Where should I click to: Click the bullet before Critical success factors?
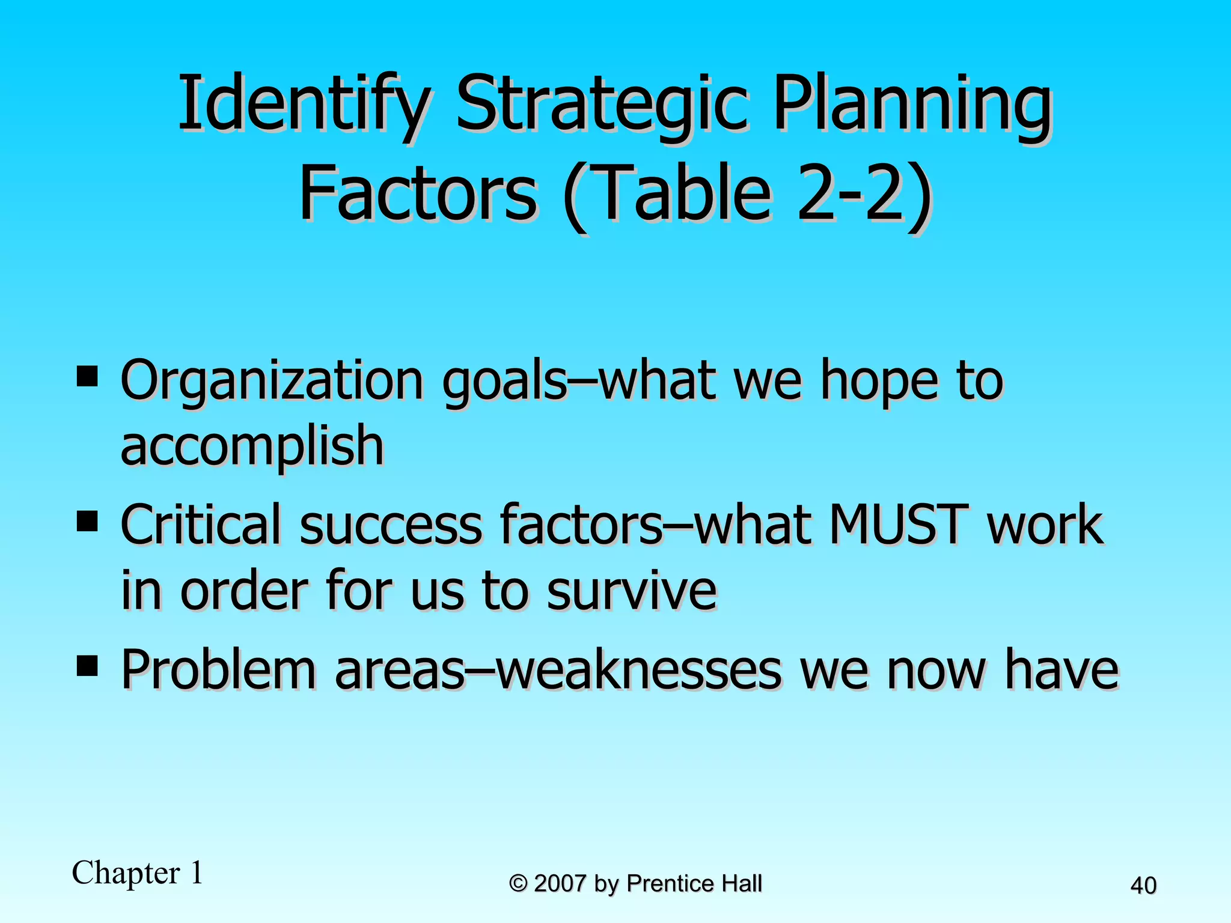click(x=88, y=522)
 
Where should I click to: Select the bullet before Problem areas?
click(x=88, y=665)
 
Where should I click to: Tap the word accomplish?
click(x=252, y=446)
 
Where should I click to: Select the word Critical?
click(x=201, y=525)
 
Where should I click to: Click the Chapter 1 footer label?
click(x=138, y=873)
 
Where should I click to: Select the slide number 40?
click(x=1143, y=886)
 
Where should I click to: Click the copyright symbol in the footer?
click(x=518, y=883)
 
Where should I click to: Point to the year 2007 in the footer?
click(x=560, y=883)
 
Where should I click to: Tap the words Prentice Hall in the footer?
click(x=694, y=883)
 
